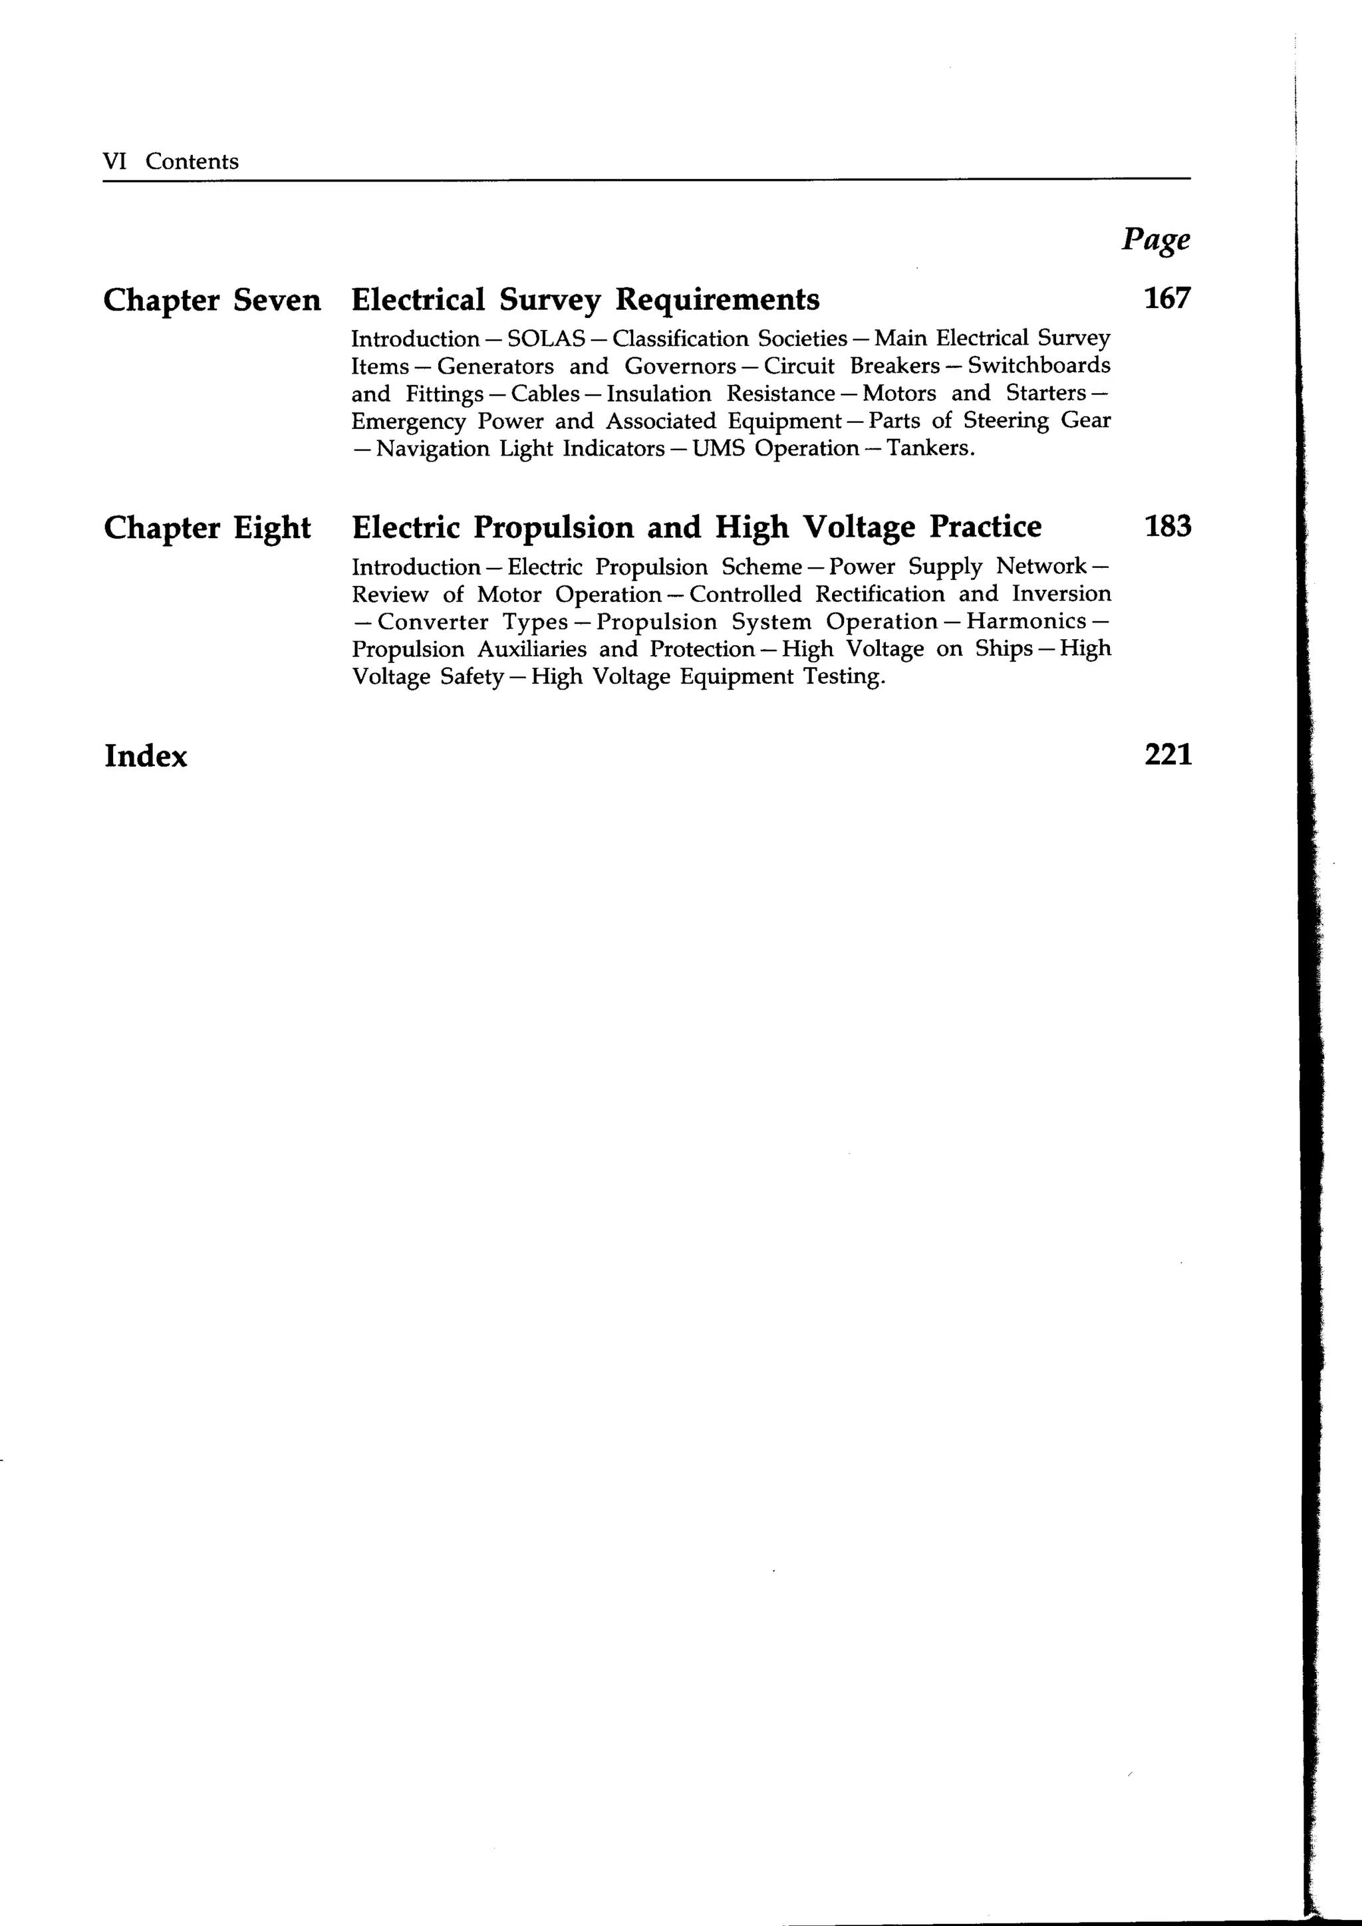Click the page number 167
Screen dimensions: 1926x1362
coord(1166,299)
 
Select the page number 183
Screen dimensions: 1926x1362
coord(1166,527)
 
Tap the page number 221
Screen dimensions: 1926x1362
coord(1167,755)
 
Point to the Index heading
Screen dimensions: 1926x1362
coord(146,756)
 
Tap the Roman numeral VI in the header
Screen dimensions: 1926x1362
coord(114,161)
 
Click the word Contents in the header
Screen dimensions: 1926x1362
coord(192,161)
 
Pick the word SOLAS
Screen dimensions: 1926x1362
coord(546,339)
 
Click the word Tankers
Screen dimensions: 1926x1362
coord(931,448)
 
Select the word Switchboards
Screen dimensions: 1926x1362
coord(1039,366)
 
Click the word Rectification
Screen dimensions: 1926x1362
coord(880,594)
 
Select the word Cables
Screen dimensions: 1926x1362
coord(545,394)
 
